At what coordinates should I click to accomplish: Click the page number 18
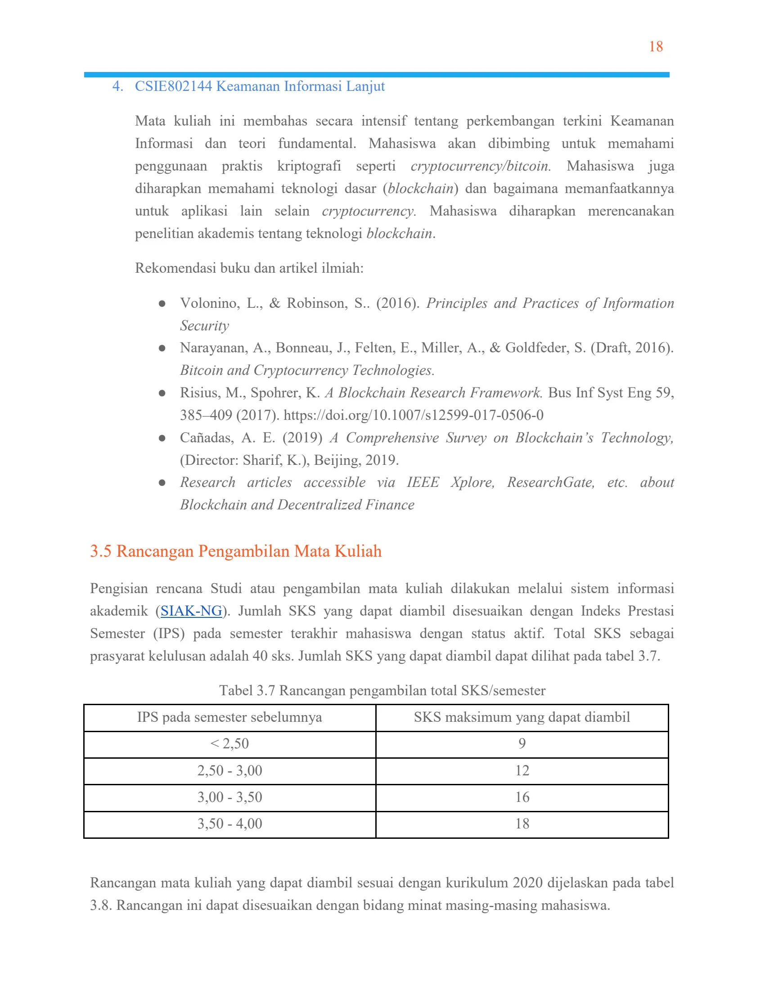tap(655, 47)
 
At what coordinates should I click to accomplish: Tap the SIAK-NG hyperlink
tap(191, 611)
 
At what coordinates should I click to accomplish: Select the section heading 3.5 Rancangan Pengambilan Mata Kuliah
tap(236, 551)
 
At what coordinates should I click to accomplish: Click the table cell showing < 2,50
tap(230, 744)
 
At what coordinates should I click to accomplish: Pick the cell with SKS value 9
tap(522, 744)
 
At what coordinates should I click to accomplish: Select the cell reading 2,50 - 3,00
tap(230, 770)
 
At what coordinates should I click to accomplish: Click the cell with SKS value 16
tap(522, 797)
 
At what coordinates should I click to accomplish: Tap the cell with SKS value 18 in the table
tap(522, 823)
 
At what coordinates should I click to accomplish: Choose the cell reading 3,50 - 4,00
tap(230, 823)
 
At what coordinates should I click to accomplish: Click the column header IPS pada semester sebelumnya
tap(230, 717)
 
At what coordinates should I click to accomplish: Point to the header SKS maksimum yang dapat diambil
tap(522, 717)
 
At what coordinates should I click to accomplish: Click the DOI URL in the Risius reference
tap(413, 415)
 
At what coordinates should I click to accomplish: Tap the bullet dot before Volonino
tap(162, 303)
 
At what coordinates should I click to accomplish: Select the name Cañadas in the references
tap(207, 438)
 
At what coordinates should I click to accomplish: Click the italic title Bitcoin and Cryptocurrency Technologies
tap(307, 370)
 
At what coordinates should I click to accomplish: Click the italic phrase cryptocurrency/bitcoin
tap(481, 166)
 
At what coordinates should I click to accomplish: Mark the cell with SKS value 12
tap(522, 770)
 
